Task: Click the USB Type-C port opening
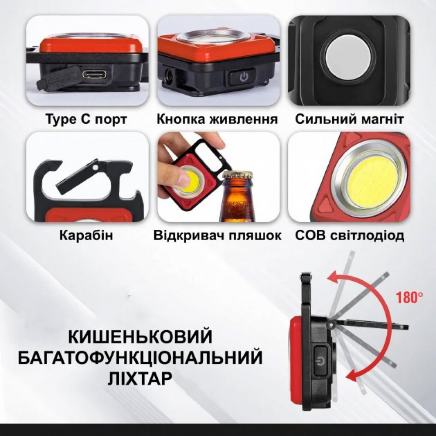[x=95, y=75]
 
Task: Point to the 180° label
[x=409, y=297]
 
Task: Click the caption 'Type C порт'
[x=86, y=119]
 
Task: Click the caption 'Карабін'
[x=86, y=235]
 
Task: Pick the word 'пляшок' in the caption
[x=255, y=235]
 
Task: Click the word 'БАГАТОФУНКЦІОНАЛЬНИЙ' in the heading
[x=140, y=358]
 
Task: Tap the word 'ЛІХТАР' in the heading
[x=140, y=378]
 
